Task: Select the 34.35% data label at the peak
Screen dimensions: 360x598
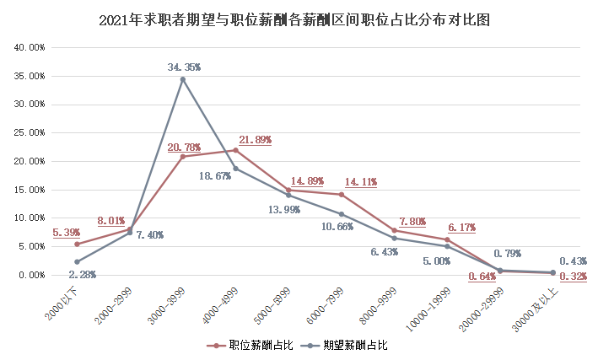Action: tap(184, 66)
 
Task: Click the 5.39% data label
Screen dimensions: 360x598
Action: tap(68, 232)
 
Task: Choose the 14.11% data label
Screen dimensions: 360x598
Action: tap(360, 181)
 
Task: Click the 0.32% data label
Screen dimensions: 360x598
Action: tap(573, 276)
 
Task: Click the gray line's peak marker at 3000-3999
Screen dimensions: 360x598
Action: tap(183, 79)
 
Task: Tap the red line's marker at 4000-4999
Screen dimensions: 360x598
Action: tap(235, 150)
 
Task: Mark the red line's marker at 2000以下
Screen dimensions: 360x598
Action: tap(77, 244)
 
